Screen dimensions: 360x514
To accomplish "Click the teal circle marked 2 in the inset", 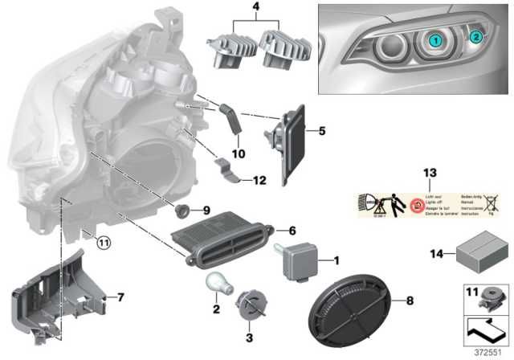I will pyautogui.click(x=475, y=36).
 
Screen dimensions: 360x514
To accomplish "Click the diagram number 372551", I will pyautogui.click(x=487, y=350).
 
